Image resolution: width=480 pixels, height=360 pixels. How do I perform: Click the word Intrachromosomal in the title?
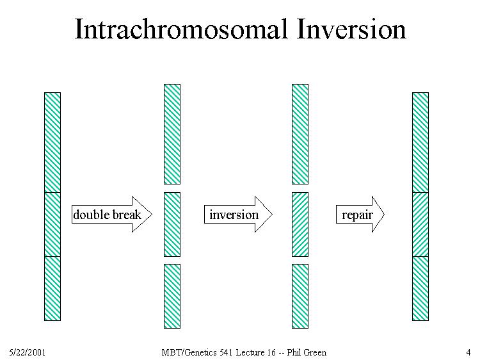tap(181, 29)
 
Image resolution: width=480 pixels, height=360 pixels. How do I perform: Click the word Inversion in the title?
tap(351, 29)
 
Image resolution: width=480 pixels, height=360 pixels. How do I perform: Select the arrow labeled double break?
tap(112, 214)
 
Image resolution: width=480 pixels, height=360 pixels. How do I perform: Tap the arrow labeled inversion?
tap(238, 214)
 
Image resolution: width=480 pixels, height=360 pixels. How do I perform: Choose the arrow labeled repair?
tap(360, 214)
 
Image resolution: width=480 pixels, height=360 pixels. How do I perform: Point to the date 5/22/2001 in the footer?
tap(28, 352)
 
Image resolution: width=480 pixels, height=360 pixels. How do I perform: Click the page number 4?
tap(468, 352)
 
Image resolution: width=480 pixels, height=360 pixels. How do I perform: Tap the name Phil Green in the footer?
tap(307, 352)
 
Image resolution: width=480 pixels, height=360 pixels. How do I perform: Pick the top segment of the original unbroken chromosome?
tap(52, 142)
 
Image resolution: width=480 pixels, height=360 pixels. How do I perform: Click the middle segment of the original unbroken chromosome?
tap(52, 224)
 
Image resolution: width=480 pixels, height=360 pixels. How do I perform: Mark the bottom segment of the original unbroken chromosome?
tap(52, 289)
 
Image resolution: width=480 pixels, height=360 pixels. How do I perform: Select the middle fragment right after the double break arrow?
tap(172, 225)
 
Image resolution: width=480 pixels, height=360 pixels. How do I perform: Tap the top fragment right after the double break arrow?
tap(172, 134)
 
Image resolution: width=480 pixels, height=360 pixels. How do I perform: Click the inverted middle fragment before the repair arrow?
tap(300, 225)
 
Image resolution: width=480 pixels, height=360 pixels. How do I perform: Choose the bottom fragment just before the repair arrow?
tap(300, 297)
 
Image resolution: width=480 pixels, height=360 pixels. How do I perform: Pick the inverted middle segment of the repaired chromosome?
tap(420, 224)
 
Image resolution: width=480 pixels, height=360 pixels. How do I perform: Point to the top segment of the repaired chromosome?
tap(420, 142)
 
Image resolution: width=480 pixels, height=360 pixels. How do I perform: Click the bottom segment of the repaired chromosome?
tap(420, 289)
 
